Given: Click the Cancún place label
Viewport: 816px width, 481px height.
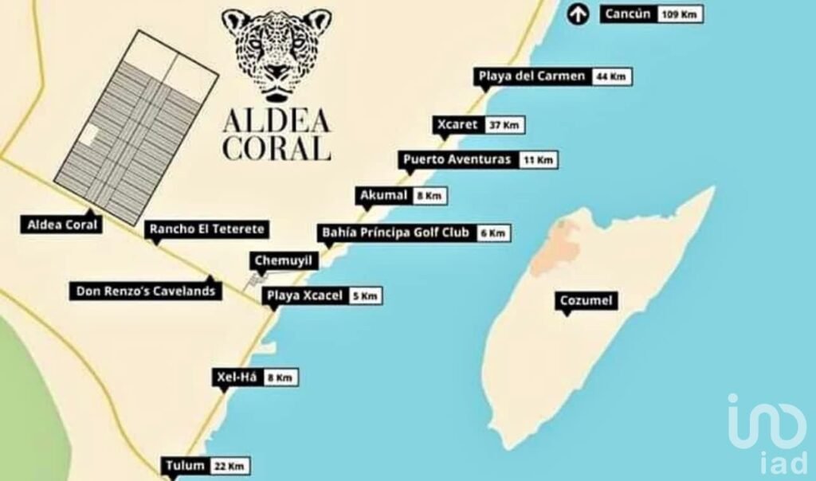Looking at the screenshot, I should click(628, 14).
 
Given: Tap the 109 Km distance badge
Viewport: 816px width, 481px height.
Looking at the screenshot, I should click(680, 14).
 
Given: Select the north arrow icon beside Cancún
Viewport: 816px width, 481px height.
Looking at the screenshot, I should click(579, 14).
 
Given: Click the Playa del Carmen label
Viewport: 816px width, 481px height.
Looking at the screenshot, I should click(532, 76).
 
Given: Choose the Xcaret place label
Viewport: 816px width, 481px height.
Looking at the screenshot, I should click(457, 125).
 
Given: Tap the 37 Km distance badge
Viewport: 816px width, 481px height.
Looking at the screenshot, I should click(504, 126).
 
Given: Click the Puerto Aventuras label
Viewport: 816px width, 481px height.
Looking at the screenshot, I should click(457, 159).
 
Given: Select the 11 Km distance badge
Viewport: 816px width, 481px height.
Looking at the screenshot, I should click(538, 160).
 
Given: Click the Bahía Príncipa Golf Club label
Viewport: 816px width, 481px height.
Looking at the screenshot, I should click(395, 233).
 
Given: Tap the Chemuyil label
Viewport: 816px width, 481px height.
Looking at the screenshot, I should click(284, 260).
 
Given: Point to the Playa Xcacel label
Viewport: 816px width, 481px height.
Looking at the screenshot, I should click(304, 295).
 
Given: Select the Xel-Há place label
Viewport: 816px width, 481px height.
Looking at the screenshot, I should click(236, 377).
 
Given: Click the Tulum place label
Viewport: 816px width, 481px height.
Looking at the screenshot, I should click(186, 466).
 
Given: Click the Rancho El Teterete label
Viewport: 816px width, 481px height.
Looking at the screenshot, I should click(206, 229).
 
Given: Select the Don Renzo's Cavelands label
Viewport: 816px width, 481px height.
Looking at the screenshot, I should click(146, 291).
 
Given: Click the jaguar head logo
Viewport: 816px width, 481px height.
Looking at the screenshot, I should click(276, 53).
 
